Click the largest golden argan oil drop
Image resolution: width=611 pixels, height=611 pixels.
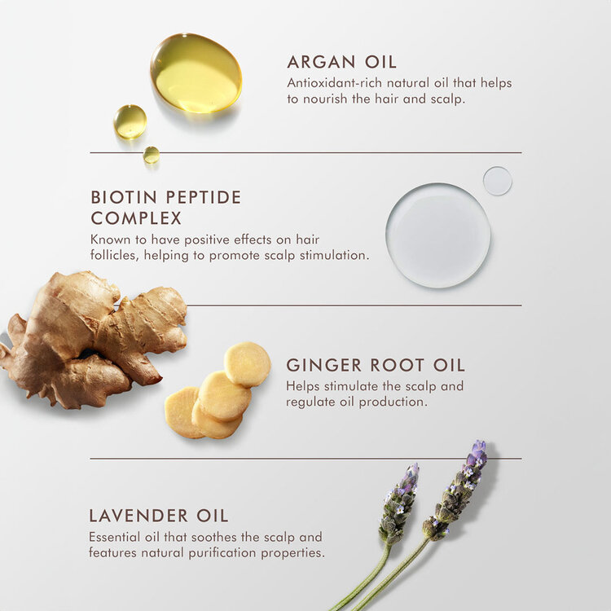(196, 73)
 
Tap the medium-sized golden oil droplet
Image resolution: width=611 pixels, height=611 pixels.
(130, 121)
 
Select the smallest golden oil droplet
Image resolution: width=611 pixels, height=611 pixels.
(152, 155)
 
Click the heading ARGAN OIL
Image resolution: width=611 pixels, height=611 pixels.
(341, 62)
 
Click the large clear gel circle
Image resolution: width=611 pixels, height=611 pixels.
(438, 235)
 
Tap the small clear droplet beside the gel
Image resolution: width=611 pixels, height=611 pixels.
(498, 181)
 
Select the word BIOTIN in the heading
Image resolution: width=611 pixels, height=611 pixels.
(124, 197)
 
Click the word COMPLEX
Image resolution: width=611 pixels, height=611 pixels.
(136, 218)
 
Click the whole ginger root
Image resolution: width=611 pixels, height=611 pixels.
(94, 340)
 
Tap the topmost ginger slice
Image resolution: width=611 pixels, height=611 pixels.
(247, 364)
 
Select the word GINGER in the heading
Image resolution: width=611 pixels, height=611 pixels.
(323, 365)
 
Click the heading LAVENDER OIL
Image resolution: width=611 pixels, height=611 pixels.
(159, 516)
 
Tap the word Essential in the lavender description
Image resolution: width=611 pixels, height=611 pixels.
(115, 537)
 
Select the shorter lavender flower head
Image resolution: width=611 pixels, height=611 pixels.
(398, 503)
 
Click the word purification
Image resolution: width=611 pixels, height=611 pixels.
(223, 553)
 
